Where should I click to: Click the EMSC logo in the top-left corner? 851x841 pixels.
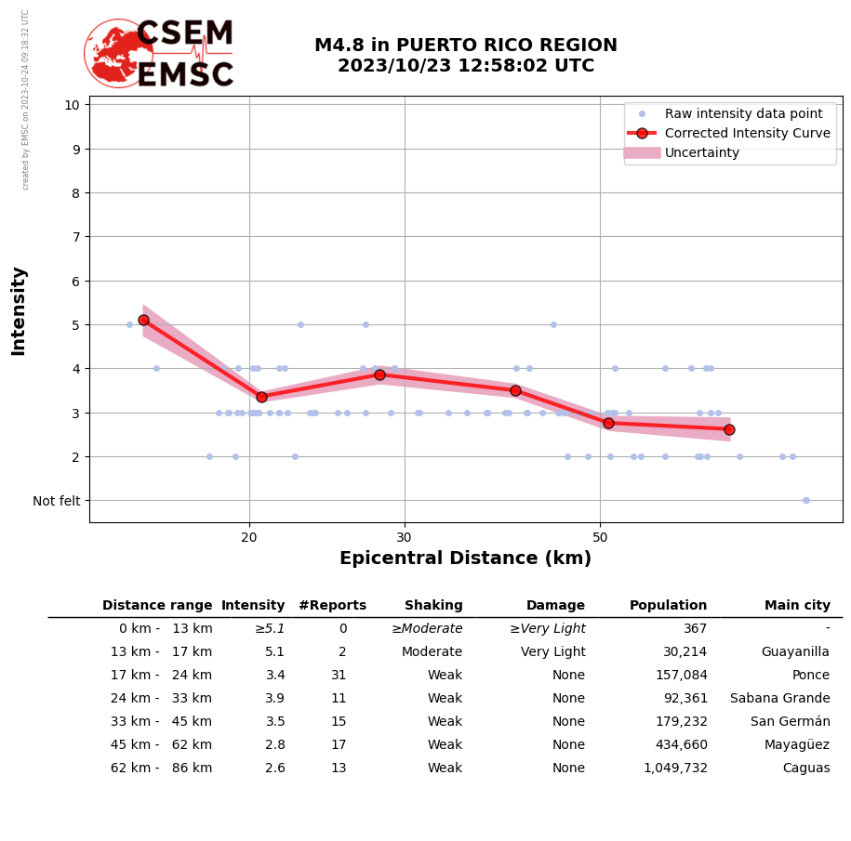coord(160,54)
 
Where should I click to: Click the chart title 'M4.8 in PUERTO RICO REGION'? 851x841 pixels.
coord(465,46)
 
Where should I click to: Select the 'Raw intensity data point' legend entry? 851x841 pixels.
coord(743,113)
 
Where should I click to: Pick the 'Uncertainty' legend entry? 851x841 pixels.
coord(702,152)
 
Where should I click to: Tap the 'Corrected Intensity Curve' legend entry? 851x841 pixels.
coord(747,133)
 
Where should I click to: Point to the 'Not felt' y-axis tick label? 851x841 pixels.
coord(57,501)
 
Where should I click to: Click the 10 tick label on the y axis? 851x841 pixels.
coord(72,104)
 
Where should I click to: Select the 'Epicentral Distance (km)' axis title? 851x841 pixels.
coord(465,558)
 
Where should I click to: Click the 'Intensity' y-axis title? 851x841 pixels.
coord(19,310)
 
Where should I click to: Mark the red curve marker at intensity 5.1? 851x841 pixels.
coord(143,320)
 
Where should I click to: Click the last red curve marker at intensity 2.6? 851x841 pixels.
coord(729,429)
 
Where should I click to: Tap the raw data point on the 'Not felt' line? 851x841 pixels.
coord(805,500)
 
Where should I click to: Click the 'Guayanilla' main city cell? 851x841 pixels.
coord(795,652)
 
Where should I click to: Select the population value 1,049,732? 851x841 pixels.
coord(675,769)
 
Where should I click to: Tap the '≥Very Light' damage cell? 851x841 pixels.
coord(547,629)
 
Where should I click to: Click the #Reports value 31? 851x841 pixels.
coord(339,676)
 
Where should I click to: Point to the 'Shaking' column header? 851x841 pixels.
coord(433,606)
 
